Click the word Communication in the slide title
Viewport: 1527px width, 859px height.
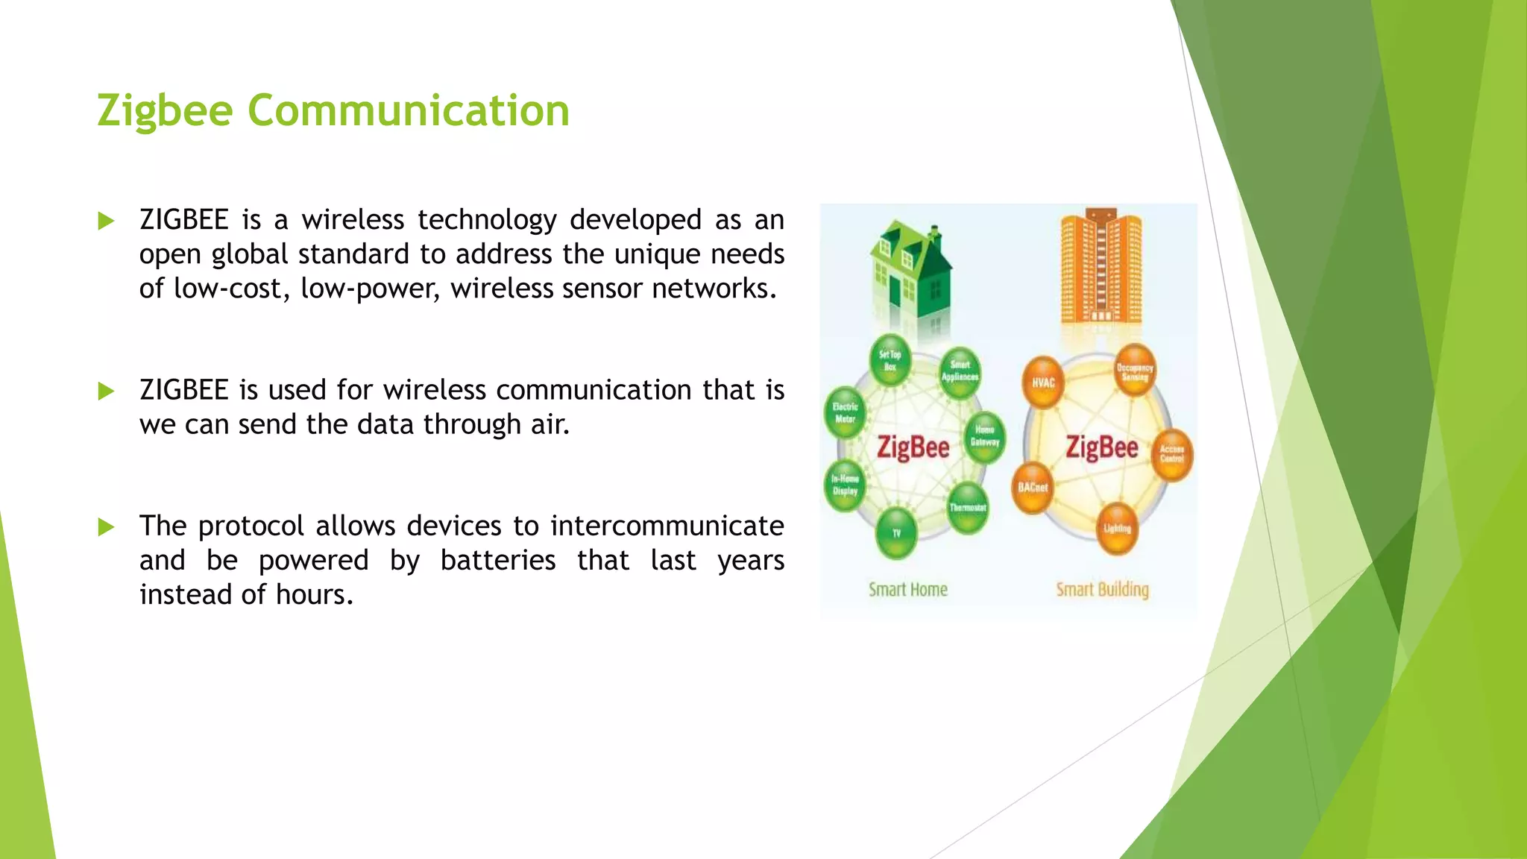coord(409,110)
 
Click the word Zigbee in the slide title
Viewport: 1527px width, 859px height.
coord(165,112)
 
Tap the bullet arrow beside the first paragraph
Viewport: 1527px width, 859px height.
coord(106,221)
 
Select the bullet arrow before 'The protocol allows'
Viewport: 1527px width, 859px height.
coord(106,527)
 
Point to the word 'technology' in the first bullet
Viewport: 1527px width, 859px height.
coord(487,220)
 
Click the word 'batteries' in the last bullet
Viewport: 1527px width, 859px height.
coord(498,560)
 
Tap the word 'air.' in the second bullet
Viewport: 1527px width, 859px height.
coord(550,424)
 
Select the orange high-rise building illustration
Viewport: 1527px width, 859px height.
coord(1101,268)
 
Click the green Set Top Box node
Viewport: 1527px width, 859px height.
coord(890,361)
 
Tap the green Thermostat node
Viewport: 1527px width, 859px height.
coord(968,508)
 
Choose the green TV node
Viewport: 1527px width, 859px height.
coord(896,533)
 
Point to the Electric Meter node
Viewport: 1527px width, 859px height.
coord(846,413)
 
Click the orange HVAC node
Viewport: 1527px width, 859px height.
coord(1043,383)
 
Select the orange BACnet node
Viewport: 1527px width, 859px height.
coord(1033,488)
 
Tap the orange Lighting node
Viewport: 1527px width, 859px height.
coord(1117,529)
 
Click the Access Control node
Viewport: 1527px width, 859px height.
coord(1172,454)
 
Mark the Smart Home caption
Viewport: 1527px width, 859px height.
coord(907,590)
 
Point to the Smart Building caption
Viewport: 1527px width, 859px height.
coord(1102,590)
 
